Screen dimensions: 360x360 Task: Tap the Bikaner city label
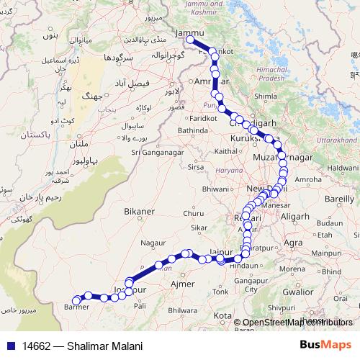pyautogui.click(x=139, y=211)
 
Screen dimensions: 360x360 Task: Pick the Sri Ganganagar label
pyautogui.click(x=156, y=151)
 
